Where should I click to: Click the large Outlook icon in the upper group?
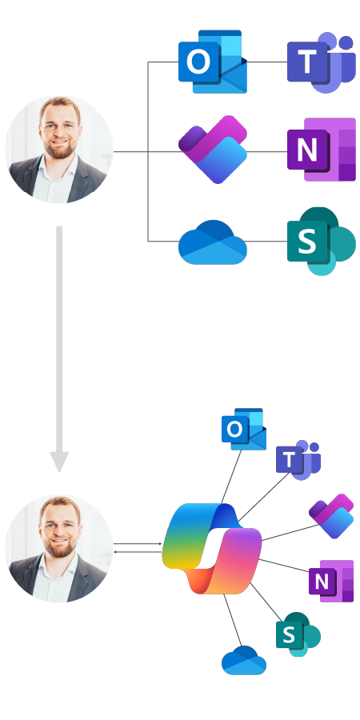[213, 62]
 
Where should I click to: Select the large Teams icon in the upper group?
[322, 62]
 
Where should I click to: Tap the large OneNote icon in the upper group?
[322, 150]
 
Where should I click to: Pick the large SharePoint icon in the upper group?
[322, 241]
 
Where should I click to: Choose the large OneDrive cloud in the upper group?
[213, 242]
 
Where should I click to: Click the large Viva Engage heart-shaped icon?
[213, 150]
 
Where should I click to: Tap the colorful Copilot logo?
[212, 549]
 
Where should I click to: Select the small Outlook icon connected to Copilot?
[244, 429]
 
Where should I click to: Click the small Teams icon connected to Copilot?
[298, 460]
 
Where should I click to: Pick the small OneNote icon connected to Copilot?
[331, 581]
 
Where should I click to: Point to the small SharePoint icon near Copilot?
[298, 634]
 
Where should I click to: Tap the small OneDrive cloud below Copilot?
[244, 660]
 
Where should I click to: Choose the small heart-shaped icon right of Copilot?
[331, 516]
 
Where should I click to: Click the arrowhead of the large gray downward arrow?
[59, 461]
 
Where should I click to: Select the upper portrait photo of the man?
[58, 150]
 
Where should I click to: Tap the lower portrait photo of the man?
[58, 548]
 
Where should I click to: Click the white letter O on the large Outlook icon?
[198, 62]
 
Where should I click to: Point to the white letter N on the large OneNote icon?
[307, 150]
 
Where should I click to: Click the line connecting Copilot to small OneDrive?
[232, 620]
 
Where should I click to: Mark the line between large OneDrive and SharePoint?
[267, 241]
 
